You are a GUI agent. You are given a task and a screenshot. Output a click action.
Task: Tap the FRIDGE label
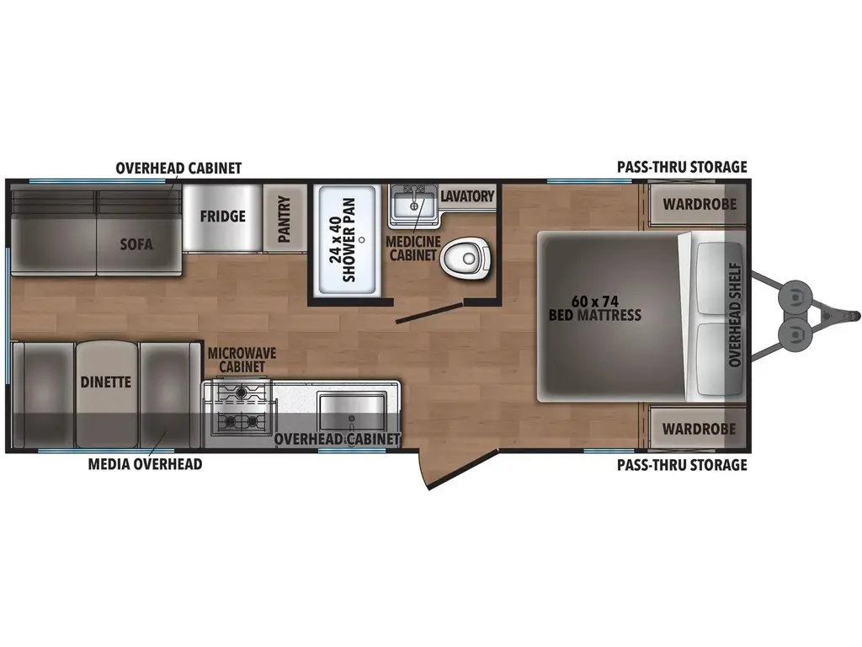click(x=222, y=216)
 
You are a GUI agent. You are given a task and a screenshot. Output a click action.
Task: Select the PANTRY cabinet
click(x=284, y=218)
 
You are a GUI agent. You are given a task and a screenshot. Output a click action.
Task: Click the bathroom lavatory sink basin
click(x=413, y=206)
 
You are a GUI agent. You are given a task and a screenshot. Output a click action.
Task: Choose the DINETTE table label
click(x=106, y=382)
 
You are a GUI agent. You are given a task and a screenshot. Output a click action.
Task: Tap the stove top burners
click(x=241, y=405)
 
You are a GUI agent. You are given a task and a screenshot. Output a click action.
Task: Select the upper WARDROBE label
click(x=699, y=204)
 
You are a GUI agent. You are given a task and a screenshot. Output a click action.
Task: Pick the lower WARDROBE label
click(x=699, y=429)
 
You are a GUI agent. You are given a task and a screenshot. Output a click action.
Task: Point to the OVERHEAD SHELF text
click(x=734, y=316)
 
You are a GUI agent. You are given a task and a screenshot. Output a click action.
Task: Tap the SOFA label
click(x=136, y=245)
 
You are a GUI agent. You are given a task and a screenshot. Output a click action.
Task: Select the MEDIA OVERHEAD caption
click(x=145, y=464)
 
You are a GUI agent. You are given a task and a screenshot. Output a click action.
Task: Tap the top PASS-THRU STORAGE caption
click(x=682, y=167)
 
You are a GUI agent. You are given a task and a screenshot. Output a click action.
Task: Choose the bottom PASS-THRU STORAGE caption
click(x=682, y=465)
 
